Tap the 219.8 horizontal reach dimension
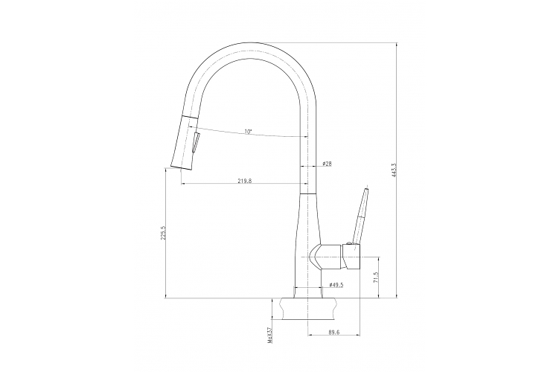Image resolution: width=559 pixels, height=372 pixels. pos(244,180)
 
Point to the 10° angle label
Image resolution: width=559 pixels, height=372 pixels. pos(248,132)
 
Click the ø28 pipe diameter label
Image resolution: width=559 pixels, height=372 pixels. pos(328,164)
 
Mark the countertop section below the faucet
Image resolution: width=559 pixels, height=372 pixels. pos(309,307)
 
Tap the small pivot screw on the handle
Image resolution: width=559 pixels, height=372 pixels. pos(348,243)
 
